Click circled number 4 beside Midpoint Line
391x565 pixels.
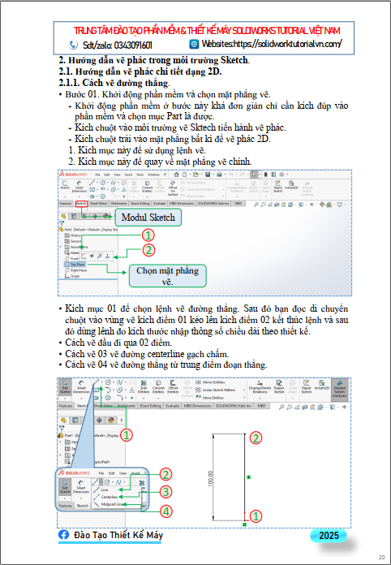pos(165,511)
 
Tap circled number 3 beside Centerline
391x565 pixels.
pos(165,492)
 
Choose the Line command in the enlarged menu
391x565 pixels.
pos(105,490)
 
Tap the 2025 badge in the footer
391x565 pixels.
pos(329,536)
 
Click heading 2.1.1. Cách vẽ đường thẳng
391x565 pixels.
pos(114,83)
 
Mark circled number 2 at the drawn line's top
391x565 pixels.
pos(256,438)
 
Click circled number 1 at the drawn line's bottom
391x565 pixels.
pos(256,515)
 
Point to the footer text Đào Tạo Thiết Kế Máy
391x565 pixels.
pos(118,537)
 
